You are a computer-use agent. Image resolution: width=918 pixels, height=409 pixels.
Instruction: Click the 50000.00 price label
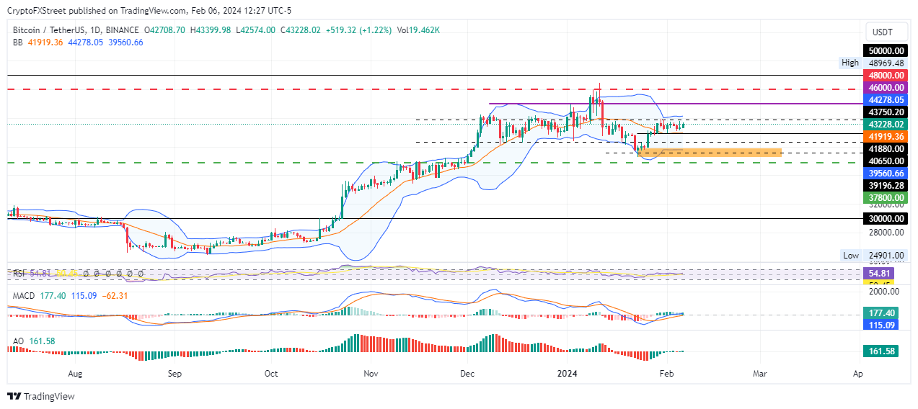(x=885, y=50)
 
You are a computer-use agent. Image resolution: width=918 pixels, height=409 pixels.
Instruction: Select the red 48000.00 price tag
(x=885, y=75)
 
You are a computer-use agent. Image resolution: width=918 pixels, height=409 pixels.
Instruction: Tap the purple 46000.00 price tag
(x=885, y=87)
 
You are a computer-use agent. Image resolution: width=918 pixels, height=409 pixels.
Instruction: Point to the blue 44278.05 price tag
(x=885, y=99)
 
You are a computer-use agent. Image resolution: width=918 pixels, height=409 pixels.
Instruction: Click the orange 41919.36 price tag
(x=885, y=135)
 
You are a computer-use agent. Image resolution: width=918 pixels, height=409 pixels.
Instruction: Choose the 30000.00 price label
(x=885, y=218)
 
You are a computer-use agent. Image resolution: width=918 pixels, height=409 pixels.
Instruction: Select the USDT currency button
(x=883, y=32)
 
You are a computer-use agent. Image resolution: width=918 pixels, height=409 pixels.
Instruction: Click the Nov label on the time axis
(x=371, y=374)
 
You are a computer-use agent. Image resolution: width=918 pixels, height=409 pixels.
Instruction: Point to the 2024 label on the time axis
(x=568, y=374)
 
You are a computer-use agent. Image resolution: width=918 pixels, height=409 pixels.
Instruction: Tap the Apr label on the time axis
(x=857, y=374)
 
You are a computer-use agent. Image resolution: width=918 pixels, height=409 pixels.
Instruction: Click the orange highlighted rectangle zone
(x=710, y=152)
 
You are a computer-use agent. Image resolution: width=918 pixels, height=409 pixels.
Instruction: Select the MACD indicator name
(x=24, y=295)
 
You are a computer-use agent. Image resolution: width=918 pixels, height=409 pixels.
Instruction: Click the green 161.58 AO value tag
(x=882, y=351)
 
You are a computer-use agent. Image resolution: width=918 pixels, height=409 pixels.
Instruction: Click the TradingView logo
(x=41, y=396)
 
